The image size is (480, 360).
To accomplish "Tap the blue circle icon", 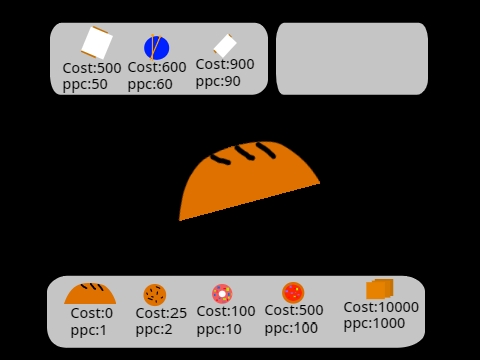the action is [156, 48].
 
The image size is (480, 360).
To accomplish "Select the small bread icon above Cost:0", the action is [90, 294].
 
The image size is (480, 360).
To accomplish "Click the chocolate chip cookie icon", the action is [155, 295].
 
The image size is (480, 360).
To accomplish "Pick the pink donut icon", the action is [222, 294].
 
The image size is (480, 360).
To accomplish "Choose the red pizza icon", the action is [293, 293].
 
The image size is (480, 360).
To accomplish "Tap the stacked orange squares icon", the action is [380, 289].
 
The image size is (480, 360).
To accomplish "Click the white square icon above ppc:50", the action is [97, 43].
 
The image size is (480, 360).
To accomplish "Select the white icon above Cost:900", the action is [225, 46].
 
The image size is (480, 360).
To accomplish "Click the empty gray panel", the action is [352, 59].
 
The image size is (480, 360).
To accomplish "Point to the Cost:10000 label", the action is [381, 307].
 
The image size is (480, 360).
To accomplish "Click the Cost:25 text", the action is [161, 313].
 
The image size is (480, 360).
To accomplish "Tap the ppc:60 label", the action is [150, 84].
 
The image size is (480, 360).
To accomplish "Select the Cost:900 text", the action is [225, 64].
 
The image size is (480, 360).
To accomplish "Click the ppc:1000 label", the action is [374, 323].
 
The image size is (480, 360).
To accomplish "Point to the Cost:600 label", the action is [157, 67].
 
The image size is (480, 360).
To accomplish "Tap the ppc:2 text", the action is [154, 330].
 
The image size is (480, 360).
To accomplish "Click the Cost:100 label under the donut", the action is [226, 311].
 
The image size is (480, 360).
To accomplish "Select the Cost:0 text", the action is [92, 313].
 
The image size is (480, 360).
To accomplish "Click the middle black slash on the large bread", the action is [245, 153].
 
